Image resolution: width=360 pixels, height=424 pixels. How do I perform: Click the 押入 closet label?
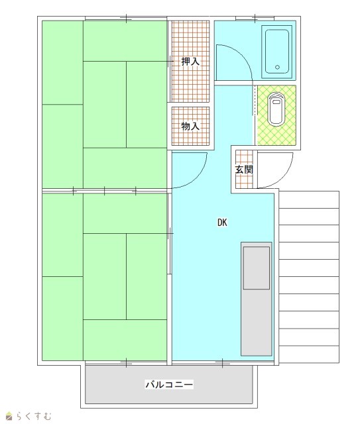(x=190, y=62)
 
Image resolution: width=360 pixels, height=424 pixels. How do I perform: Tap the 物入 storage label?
(x=190, y=126)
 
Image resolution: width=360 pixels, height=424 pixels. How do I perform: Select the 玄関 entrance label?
(x=244, y=170)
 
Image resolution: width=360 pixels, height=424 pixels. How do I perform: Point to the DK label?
(x=222, y=223)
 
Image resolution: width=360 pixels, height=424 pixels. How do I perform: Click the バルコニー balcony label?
(x=170, y=384)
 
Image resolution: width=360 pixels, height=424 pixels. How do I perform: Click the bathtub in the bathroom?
(x=277, y=52)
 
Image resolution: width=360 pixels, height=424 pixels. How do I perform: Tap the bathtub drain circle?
(x=277, y=68)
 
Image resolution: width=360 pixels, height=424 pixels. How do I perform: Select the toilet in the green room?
(x=276, y=109)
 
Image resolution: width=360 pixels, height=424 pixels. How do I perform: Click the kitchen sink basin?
(x=257, y=268)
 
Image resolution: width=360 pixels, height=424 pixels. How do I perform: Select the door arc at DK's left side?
(x=199, y=178)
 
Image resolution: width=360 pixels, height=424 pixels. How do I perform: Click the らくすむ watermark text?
(x=33, y=415)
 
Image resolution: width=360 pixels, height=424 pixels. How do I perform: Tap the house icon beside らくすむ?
(x=9, y=417)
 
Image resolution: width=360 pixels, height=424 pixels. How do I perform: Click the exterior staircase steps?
(x=309, y=277)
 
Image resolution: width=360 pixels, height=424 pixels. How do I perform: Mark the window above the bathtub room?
(x=255, y=19)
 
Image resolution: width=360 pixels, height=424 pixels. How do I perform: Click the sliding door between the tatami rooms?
(x=105, y=191)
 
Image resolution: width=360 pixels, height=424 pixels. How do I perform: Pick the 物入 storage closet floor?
(x=190, y=127)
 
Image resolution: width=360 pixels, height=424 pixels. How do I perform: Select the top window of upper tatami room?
(x=126, y=19)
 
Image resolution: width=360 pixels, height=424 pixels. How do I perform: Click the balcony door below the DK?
(x=223, y=363)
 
